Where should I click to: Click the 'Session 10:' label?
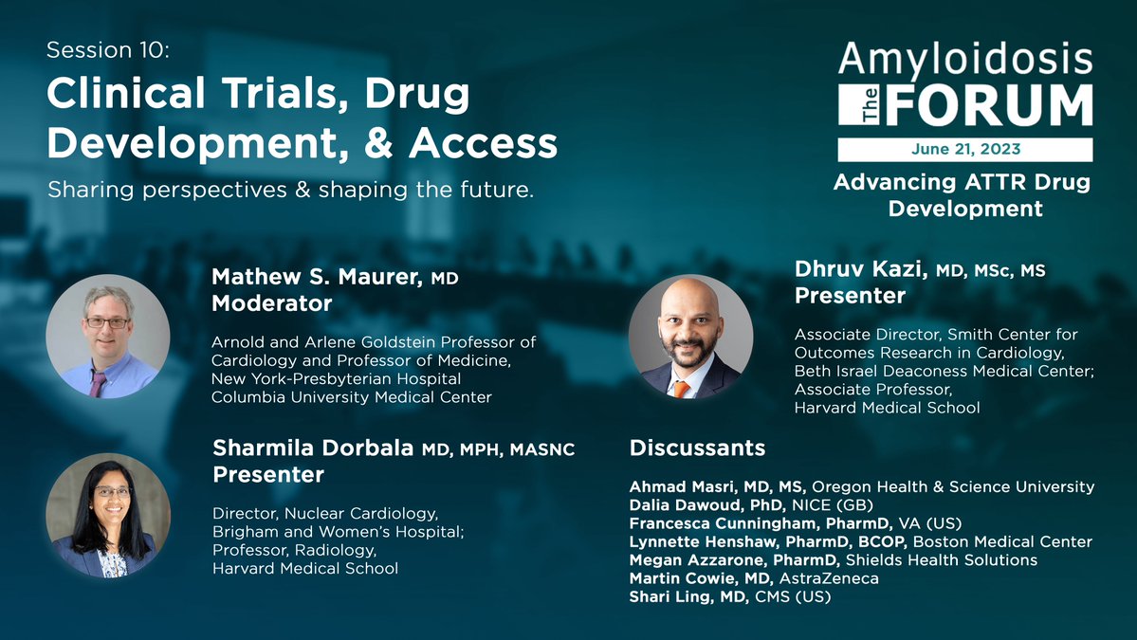click(x=108, y=51)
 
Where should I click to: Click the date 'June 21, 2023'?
click(x=964, y=150)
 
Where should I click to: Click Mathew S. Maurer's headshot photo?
click(x=108, y=336)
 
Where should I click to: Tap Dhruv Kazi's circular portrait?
click(x=690, y=336)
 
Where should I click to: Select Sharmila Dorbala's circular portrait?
click(x=108, y=515)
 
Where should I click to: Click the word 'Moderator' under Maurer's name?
click(x=271, y=303)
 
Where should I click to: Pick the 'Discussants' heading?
click(x=697, y=447)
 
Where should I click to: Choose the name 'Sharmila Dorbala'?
click(x=314, y=448)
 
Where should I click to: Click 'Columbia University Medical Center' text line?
click(x=351, y=397)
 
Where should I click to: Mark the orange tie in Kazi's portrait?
click(x=681, y=389)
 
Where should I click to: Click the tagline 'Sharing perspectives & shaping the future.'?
click(x=291, y=190)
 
